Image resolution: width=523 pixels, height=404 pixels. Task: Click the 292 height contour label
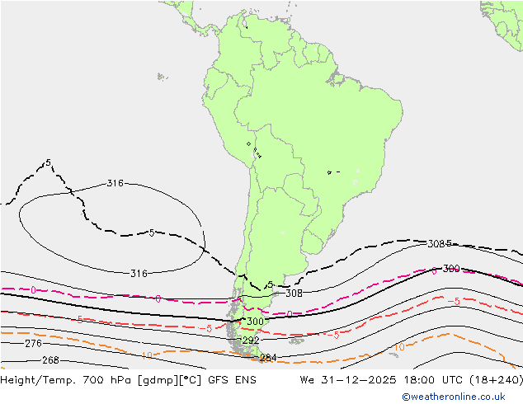point(251,340)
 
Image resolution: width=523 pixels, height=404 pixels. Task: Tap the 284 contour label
point(268,358)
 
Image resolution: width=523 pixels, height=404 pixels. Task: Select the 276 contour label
point(33,343)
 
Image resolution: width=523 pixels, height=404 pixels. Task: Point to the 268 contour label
point(50,360)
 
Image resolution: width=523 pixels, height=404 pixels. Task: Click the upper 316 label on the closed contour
point(115,183)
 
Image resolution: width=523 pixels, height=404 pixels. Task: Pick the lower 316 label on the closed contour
point(139,273)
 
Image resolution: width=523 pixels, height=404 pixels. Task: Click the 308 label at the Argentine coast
point(294,293)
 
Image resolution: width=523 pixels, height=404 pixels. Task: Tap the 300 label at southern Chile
point(256,322)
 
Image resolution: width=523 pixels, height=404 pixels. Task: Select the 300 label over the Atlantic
point(451,269)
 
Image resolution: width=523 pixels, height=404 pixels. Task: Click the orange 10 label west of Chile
point(146,356)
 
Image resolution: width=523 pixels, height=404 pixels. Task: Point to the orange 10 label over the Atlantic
point(398,347)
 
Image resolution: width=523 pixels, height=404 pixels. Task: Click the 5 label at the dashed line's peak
point(49,162)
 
